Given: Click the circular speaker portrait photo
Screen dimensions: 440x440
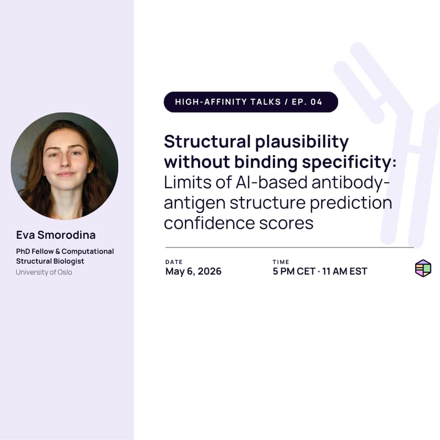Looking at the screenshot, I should click(x=64, y=166).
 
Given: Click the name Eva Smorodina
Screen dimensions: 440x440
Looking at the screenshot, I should click(x=56, y=235).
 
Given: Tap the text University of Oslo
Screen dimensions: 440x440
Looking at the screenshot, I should click(x=43, y=272).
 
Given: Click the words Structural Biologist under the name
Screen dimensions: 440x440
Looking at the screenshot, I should click(x=50, y=261).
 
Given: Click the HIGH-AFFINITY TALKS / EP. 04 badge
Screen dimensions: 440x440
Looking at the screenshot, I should click(x=251, y=102).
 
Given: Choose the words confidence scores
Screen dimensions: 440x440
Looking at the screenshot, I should click(x=239, y=223).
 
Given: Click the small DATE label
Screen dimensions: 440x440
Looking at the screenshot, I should click(x=174, y=262).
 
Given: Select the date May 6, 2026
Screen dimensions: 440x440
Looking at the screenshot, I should click(x=193, y=271).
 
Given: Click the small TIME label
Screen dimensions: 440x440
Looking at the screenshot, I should click(x=280, y=262).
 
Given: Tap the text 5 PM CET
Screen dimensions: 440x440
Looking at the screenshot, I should click(x=294, y=271).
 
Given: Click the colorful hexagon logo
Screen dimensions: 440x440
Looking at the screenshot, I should click(x=423, y=268).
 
